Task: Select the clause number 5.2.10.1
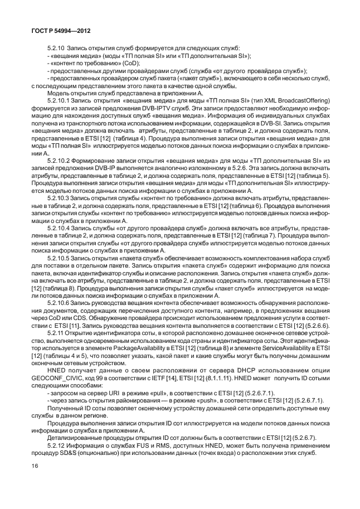[60, 108]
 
